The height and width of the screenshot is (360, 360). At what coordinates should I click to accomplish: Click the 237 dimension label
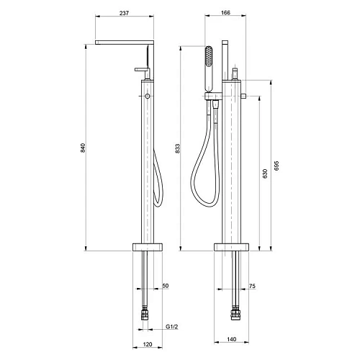[124, 13]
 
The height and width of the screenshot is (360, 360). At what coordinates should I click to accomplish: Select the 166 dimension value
[225, 13]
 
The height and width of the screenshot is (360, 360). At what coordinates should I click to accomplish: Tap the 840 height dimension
[83, 148]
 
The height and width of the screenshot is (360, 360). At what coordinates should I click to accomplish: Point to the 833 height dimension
[177, 148]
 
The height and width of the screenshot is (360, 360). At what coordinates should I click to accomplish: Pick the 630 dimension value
[265, 174]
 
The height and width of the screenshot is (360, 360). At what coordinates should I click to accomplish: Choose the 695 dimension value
[276, 166]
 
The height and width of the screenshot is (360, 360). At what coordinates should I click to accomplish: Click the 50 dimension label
[166, 286]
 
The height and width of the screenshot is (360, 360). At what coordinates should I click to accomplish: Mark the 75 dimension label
[252, 286]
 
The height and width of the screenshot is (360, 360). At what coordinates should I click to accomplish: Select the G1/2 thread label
[172, 327]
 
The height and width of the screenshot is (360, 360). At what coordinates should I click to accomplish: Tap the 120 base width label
[148, 344]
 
